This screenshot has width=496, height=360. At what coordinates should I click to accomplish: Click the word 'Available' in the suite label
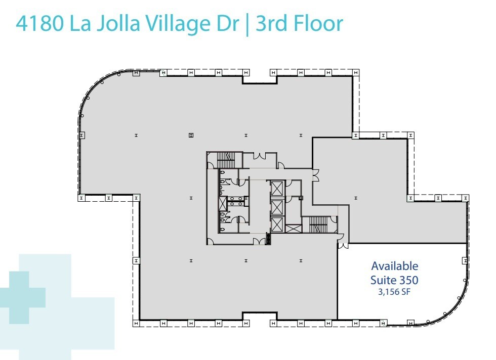click(x=395, y=265)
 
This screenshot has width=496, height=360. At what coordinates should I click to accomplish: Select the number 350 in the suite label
click(x=408, y=279)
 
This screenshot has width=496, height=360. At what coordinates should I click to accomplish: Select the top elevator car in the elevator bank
click(x=278, y=189)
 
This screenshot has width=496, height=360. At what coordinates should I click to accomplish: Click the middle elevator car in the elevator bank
click(x=278, y=207)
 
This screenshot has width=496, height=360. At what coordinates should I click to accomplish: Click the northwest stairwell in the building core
click(x=224, y=160)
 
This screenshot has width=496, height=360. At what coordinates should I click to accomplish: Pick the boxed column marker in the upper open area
click(x=191, y=135)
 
